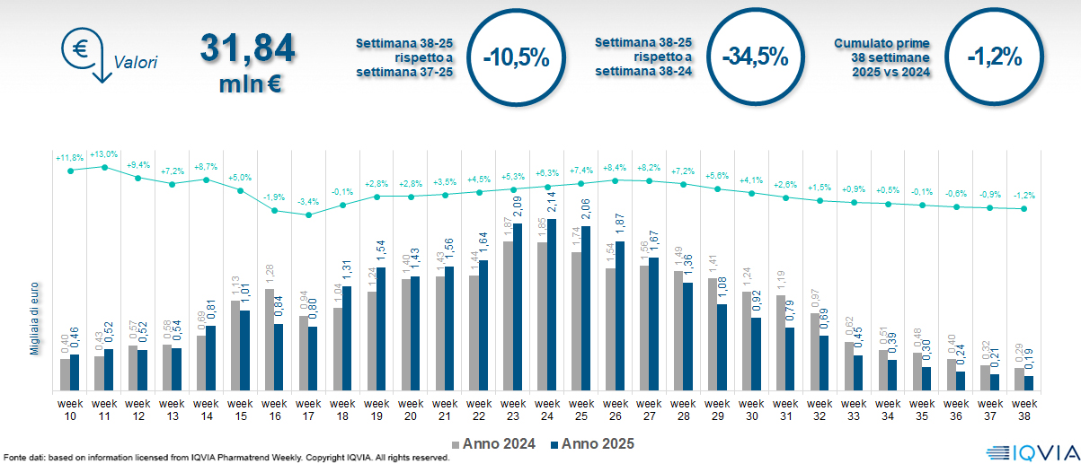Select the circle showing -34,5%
(x=754, y=57)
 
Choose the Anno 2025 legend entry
(x=592, y=443)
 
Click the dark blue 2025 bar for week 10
(x=75, y=372)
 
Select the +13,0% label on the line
(x=104, y=154)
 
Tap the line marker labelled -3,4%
(x=308, y=214)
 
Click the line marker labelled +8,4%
(x=615, y=180)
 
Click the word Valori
(x=136, y=63)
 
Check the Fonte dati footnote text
(x=225, y=458)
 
